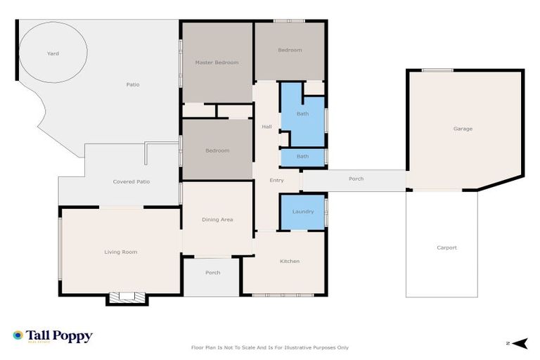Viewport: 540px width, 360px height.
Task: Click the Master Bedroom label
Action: (217, 63)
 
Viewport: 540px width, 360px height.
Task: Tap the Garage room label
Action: (463, 129)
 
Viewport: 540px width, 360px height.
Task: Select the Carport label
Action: (446, 247)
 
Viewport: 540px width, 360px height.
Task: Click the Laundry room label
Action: (302, 212)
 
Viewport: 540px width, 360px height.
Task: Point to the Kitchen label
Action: (290, 262)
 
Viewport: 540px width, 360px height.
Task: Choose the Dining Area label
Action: (217, 220)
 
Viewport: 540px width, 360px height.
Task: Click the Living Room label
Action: (121, 252)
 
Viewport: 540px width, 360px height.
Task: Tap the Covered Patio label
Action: (131, 181)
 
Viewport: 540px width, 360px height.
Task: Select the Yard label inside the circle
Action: (53, 53)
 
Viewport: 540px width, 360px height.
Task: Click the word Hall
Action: (266, 127)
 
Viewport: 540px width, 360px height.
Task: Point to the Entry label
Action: (276, 181)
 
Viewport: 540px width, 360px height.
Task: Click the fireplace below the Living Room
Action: (127, 297)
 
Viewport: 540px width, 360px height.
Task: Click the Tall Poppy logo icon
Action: (18, 336)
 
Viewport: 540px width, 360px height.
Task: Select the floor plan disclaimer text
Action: (269, 347)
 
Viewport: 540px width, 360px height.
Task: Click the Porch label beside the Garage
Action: (356, 179)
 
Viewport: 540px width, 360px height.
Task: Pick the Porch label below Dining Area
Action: (212, 273)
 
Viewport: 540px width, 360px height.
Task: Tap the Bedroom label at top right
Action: (290, 50)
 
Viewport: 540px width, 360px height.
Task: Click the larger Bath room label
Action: (302, 113)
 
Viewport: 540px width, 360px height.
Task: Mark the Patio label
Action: (132, 84)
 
